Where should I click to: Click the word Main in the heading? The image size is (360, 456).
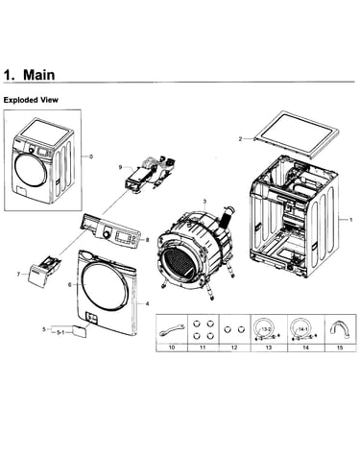coord(39,75)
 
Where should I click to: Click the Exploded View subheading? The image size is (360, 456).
coord(31,100)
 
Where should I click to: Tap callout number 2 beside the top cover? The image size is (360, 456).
coord(240,139)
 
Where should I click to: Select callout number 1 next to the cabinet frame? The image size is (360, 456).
coord(350,220)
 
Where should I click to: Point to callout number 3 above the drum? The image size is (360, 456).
coord(204,202)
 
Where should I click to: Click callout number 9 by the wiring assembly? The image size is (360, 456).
coord(120,167)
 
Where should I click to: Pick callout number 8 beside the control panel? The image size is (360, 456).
coord(147,240)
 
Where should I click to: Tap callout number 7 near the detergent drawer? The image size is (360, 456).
coord(18,275)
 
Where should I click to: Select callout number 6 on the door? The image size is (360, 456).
coord(70,284)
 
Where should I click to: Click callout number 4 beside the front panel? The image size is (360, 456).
coord(147,303)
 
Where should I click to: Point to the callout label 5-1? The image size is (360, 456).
coord(60,333)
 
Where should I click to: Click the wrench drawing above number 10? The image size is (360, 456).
coord(172,330)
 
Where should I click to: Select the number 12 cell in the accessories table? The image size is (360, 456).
coord(234,348)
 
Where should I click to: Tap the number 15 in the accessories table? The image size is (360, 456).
coord(340,348)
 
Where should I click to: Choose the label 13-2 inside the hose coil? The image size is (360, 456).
coord(266,329)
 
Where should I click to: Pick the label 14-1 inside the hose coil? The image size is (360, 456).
coord(303,329)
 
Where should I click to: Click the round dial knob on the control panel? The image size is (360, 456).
coord(106,235)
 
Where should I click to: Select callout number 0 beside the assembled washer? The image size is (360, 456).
coord(91,156)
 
